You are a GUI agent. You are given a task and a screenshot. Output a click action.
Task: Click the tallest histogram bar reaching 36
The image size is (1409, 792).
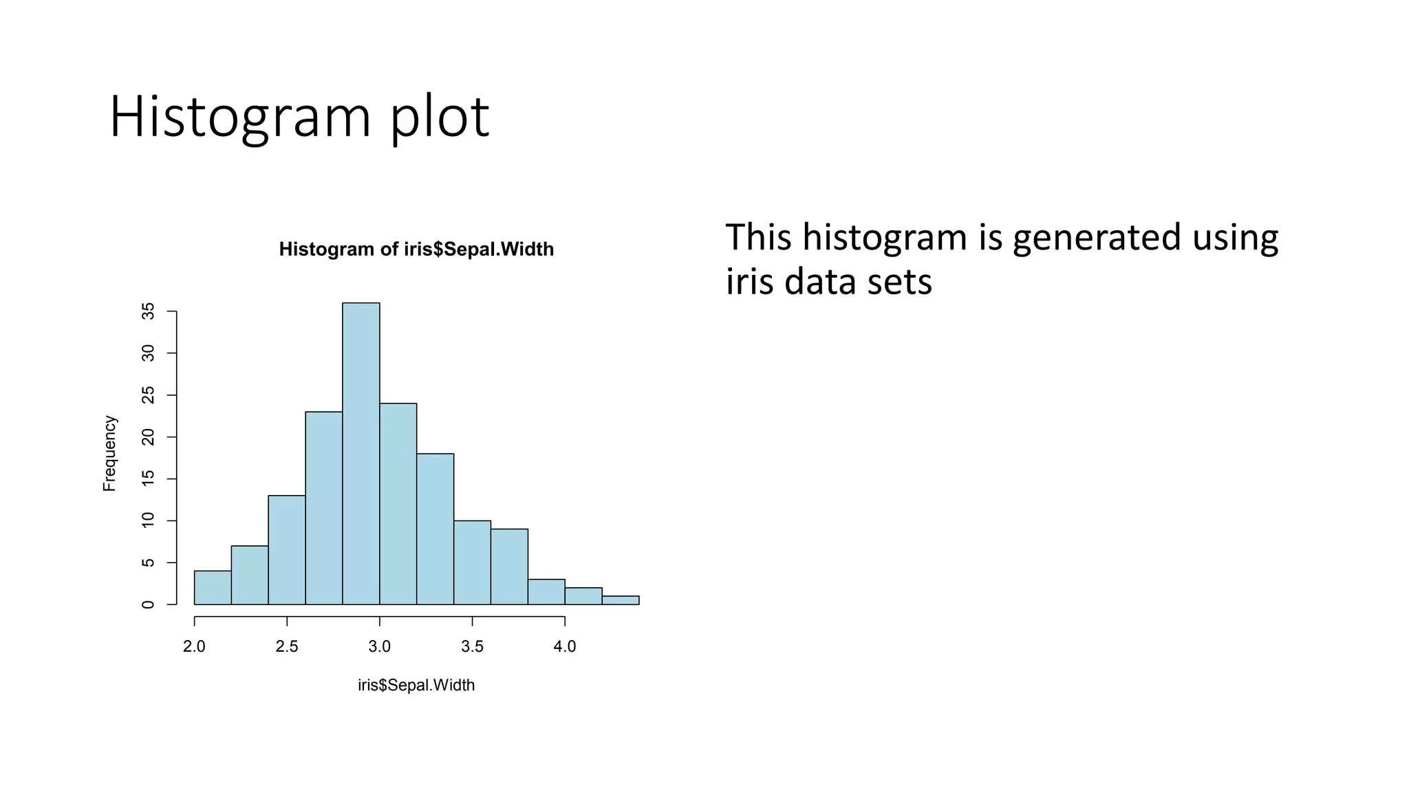pos(361,454)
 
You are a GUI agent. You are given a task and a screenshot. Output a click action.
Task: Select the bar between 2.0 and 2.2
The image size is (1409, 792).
pos(213,588)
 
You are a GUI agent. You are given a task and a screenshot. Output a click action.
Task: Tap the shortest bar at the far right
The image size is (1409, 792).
pos(621,600)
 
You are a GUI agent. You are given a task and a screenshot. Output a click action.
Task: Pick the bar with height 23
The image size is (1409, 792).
pos(324,509)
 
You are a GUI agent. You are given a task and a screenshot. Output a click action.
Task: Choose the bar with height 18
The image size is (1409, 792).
pos(435,529)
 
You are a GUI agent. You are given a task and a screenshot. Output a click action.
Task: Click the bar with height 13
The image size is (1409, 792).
pos(287,550)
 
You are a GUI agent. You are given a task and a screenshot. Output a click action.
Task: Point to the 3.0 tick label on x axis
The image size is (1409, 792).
pos(379,647)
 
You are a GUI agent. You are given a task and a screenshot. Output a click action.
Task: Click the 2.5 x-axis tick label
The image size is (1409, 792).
pos(287,647)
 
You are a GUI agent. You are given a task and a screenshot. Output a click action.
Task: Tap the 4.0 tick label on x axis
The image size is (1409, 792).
pos(565,647)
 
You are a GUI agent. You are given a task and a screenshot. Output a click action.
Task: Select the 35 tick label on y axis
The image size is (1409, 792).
pos(148,311)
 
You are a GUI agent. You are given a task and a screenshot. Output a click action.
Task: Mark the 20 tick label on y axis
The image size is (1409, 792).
pos(148,437)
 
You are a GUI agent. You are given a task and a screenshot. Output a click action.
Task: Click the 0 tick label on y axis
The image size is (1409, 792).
pos(148,604)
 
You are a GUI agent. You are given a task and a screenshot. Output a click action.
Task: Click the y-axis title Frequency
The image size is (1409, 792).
pos(109,454)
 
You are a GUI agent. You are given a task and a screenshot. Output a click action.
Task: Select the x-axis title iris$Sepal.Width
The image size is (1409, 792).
pos(416,685)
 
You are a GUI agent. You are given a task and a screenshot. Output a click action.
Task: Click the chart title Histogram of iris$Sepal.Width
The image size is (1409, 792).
pos(416,249)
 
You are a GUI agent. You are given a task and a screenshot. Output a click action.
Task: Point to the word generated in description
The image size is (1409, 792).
pos(1097,237)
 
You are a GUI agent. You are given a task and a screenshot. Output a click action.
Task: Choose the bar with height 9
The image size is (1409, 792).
pos(510,567)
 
